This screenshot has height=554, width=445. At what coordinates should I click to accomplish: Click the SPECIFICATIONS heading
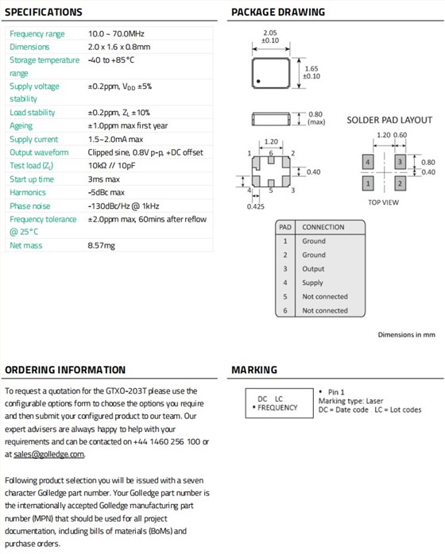pyautogui.click(x=44, y=12)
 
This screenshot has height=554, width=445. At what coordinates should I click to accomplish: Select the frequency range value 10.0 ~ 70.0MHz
pyautogui.click(x=116, y=33)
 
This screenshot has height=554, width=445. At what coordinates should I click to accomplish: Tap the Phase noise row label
pyautogui.click(x=30, y=206)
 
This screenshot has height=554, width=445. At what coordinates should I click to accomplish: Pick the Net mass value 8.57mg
pyautogui.click(x=101, y=245)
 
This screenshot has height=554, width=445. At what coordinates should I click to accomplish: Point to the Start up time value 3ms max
pyautogui.click(x=103, y=179)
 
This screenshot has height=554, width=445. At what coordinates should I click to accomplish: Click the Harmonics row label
pyautogui.click(x=28, y=193)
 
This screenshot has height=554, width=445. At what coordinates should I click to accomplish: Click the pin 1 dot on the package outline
pyautogui.click(x=258, y=81)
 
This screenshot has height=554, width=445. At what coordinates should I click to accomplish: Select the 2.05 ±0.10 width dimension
pyautogui.click(x=270, y=37)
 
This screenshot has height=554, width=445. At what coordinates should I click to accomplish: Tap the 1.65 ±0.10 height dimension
pyautogui.click(x=311, y=72)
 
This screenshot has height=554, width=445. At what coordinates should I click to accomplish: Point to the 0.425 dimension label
pyautogui.click(x=255, y=206)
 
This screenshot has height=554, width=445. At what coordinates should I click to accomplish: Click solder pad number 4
pyautogui.click(x=368, y=162)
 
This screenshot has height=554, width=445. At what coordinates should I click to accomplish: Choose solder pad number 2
pyautogui.click(x=400, y=183)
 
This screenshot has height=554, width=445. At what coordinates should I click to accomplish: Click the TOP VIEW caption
pyautogui.click(x=383, y=202)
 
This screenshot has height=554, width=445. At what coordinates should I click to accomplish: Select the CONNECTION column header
pyautogui.click(x=323, y=227)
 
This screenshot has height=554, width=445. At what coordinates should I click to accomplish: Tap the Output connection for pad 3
pyautogui.click(x=313, y=269)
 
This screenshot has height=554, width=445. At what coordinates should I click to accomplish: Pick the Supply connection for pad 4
pyautogui.click(x=313, y=283)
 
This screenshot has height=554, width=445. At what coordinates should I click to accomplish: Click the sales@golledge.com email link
pyautogui.click(x=48, y=454)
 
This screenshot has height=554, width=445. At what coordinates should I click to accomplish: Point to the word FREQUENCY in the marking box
pyautogui.click(x=277, y=408)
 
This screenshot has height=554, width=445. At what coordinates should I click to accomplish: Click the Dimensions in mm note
pyautogui.click(x=406, y=335)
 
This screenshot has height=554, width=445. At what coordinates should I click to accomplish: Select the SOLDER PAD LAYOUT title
pyautogui.click(x=389, y=120)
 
